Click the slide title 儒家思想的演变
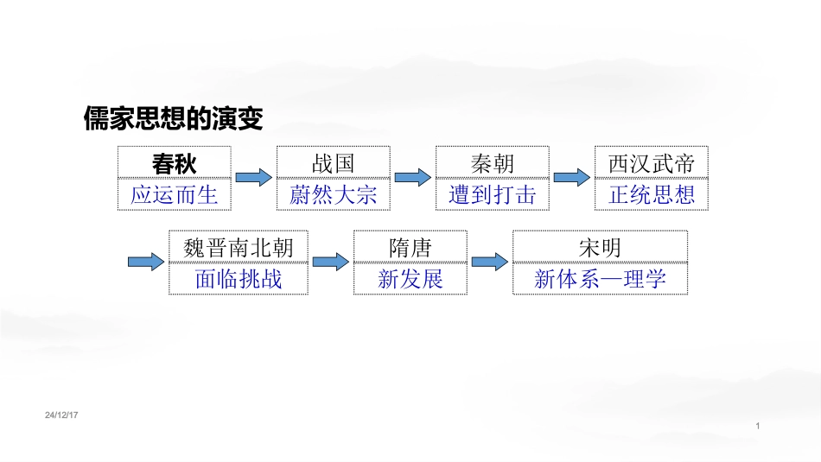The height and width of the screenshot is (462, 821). coord(174,118)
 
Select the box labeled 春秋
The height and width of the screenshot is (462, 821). coord(175,162)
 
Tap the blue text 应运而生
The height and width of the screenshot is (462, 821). coord(175,195)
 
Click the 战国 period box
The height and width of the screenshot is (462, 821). coord(334,162)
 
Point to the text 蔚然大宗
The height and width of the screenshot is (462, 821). coord(334,195)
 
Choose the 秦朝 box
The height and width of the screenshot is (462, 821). coord(493,162)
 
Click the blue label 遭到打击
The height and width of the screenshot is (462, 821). coord(493,195)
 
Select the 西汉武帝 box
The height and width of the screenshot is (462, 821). coord(652,162)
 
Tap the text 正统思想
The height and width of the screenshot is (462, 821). coord(652,195)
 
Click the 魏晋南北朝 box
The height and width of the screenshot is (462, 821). coord(239,247)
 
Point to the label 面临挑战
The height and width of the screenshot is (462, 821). coord(239,280)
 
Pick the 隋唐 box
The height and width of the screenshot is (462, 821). coord(410,247)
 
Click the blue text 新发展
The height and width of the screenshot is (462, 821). coord(410,280)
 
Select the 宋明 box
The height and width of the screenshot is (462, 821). coord(600,247)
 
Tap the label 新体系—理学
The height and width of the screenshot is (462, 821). coord(600,280)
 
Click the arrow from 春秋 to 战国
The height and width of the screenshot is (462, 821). coord(254,177)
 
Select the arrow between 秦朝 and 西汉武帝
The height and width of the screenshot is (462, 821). coord(572,177)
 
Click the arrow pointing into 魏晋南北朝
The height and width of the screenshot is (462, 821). coord(146,262)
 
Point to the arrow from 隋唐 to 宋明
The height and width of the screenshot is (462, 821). coord(489,262)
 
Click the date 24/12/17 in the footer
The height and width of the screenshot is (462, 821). coord(61,415)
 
